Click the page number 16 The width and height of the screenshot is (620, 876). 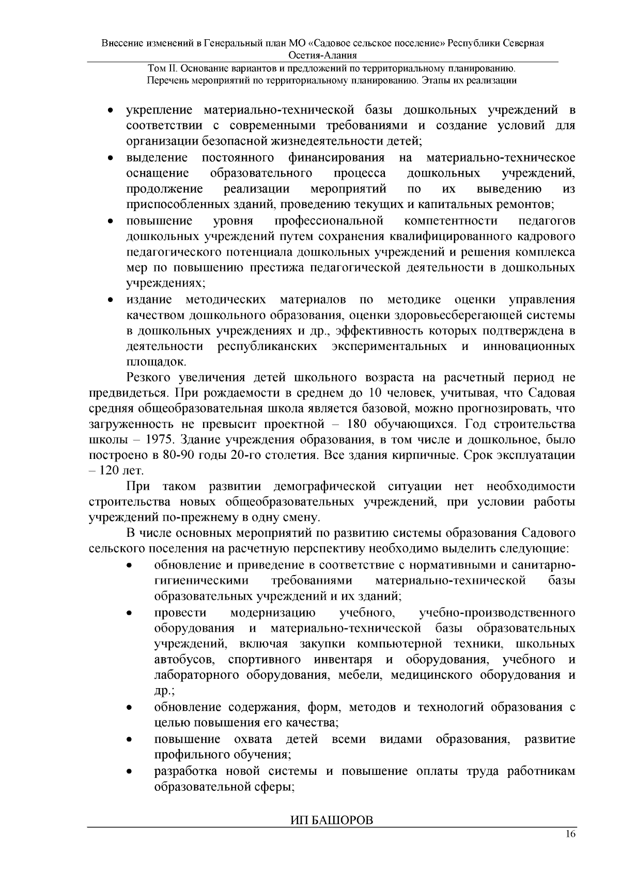(x=570, y=835)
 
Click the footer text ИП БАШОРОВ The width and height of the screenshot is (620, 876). (x=329, y=821)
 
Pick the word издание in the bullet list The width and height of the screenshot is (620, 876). (x=149, y=299)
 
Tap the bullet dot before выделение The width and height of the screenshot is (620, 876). (x=110, y=157)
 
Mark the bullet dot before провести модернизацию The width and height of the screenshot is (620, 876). (x=131, y=613)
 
